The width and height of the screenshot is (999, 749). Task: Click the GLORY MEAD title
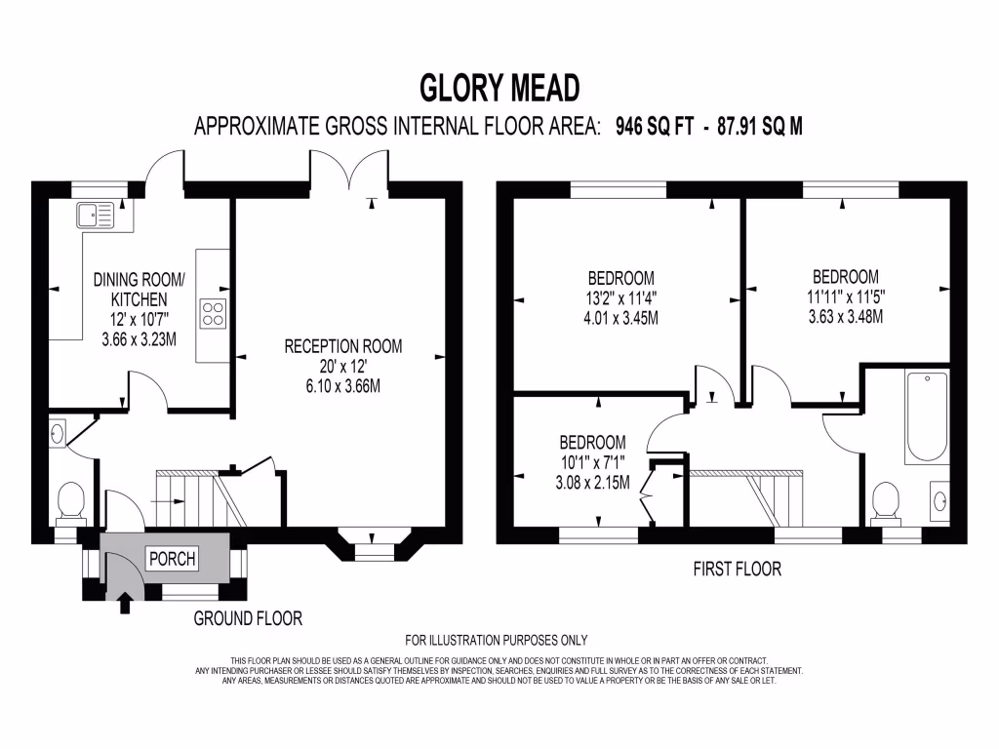coord(499,88)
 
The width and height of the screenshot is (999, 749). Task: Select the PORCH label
coord(172,559)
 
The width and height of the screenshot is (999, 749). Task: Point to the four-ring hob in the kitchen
coord(213,313)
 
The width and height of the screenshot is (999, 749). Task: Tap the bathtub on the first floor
coord(927,417)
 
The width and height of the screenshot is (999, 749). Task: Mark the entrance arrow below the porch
coord(125,603)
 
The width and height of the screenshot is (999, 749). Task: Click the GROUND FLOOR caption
coord(248,618)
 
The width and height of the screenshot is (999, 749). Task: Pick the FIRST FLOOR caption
coord(737,569)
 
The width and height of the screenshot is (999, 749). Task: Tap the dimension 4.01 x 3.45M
coord(621,317)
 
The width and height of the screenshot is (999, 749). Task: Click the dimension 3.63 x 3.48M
coord(845,316)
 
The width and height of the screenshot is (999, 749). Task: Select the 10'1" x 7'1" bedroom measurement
coord(592,462)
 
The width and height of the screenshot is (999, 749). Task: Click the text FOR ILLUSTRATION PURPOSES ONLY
coord(496,641)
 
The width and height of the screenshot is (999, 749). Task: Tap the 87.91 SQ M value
coord(758,127)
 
